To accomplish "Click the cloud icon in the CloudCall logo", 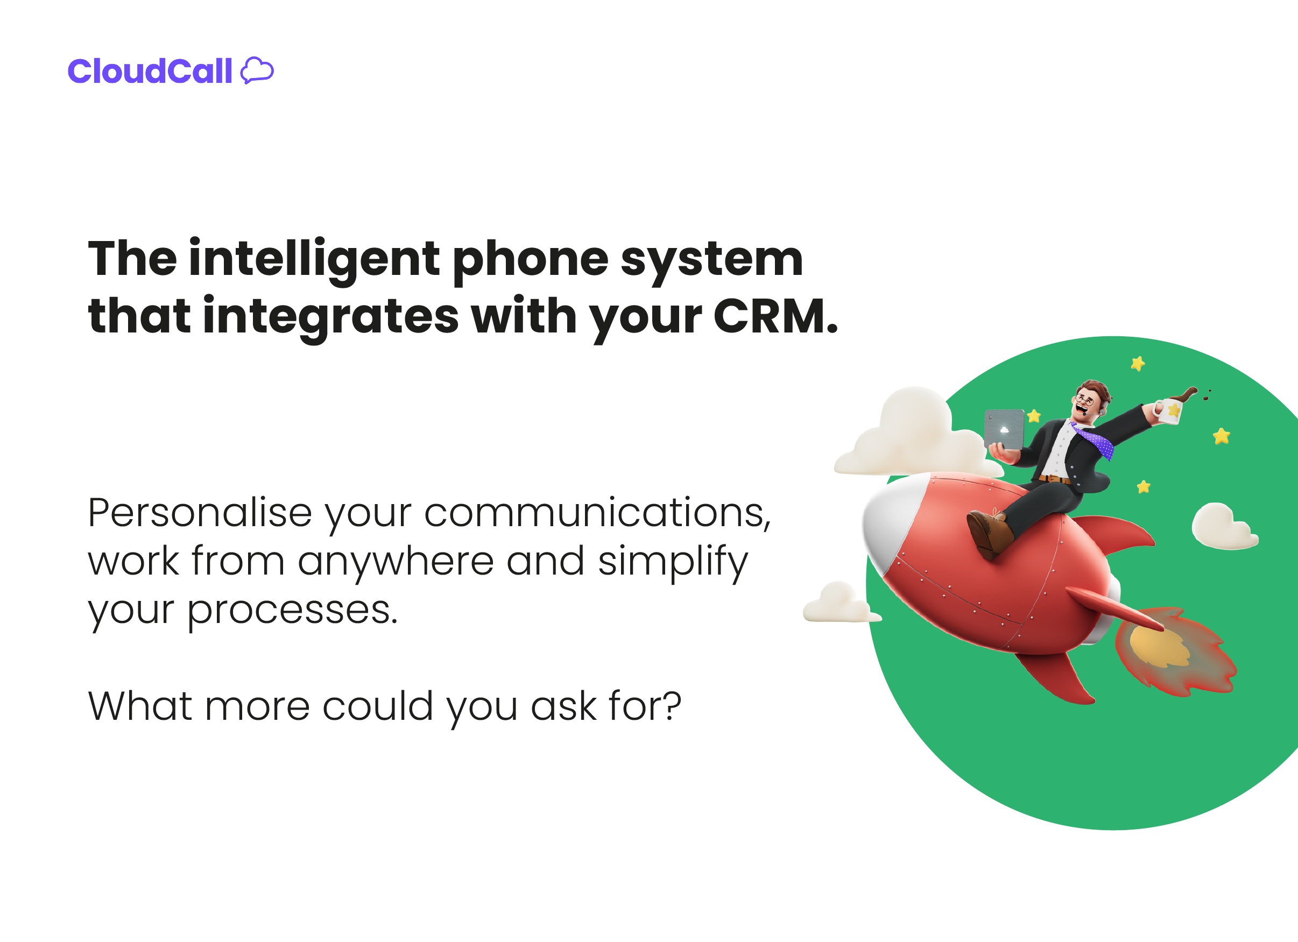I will [x=257, y=71].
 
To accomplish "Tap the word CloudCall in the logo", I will [x=150, y=72].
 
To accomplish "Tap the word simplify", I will [x=673, y=562].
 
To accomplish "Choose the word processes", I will [x=292, y=611].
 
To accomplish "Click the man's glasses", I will [x=1084, y=399].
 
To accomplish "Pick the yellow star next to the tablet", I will [x=1034, y=416].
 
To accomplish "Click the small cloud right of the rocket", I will [x=1222, y=526].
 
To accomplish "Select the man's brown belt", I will [x=1055, y=479].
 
